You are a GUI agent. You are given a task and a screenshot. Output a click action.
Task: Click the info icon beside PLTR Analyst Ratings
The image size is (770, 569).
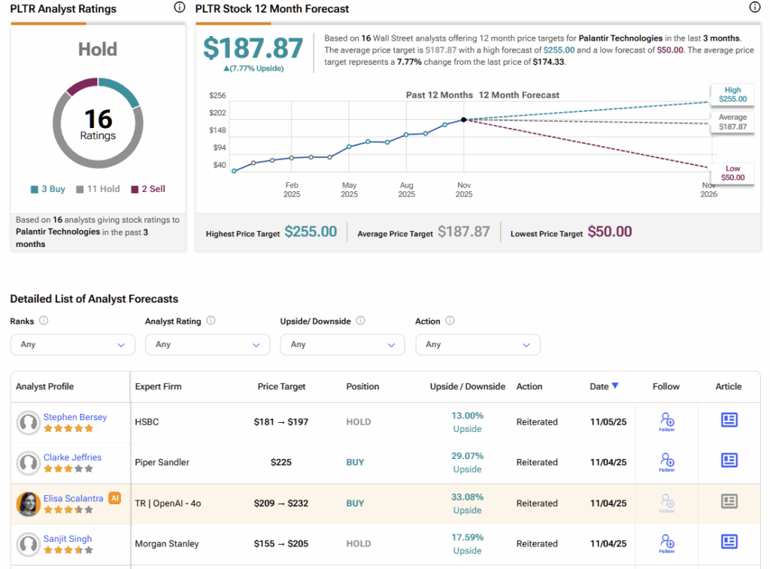click(179, 8)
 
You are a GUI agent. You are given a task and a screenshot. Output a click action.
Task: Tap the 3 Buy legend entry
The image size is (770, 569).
click(48, 189)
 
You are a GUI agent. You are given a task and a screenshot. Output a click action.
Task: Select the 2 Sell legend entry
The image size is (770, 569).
click(148, 189)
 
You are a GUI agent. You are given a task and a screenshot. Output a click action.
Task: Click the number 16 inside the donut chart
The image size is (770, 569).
click(98, 119)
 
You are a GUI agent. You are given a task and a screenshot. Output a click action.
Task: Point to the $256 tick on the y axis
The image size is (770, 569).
click(217, 96)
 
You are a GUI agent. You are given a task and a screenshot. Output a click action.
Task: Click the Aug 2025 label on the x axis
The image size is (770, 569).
click(407, 190)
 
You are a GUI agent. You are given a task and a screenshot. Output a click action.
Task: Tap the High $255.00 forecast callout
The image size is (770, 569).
click(732, 94)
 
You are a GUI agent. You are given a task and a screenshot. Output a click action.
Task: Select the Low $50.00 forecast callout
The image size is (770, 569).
click(732, 173)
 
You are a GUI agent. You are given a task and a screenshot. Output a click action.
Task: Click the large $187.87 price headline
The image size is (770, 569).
click(253, 48)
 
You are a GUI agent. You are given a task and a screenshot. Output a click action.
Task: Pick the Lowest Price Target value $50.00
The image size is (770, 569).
click(610, 232)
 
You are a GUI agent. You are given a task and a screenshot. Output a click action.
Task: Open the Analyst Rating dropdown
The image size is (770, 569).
click(208, 345)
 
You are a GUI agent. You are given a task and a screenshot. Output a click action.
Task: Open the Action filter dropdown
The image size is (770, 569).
click(477, 345)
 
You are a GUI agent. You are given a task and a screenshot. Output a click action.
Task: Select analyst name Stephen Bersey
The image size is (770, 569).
click(75, 417)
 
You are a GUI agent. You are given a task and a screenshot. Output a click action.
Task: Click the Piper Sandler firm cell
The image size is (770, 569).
click(162, 462)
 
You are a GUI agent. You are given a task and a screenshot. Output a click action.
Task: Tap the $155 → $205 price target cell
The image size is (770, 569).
click(281, 543)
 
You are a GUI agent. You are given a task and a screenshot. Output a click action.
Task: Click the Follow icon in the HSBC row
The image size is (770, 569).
click(666, 421)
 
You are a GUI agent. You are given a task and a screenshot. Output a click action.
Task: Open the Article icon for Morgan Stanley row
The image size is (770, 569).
click(729, 542)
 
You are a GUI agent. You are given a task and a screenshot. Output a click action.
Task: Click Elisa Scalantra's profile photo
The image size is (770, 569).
click(29, 504)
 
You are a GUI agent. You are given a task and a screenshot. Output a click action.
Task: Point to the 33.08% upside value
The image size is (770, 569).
click(467, 497)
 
